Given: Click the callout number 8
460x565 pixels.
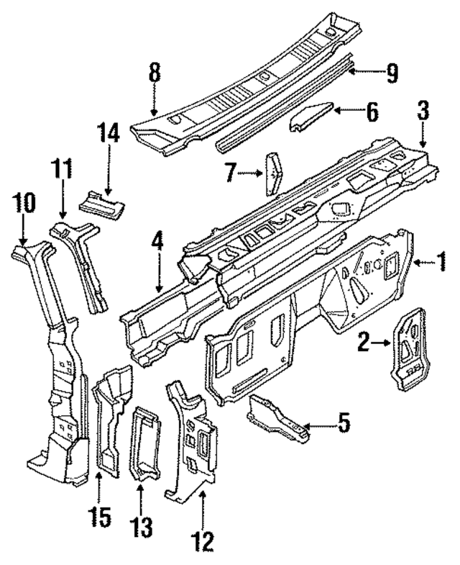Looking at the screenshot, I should [x=155, y=73].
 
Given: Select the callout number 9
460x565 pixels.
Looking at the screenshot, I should [x=391, y=72].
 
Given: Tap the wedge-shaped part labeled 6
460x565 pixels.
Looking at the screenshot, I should [x=311, y=117].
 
